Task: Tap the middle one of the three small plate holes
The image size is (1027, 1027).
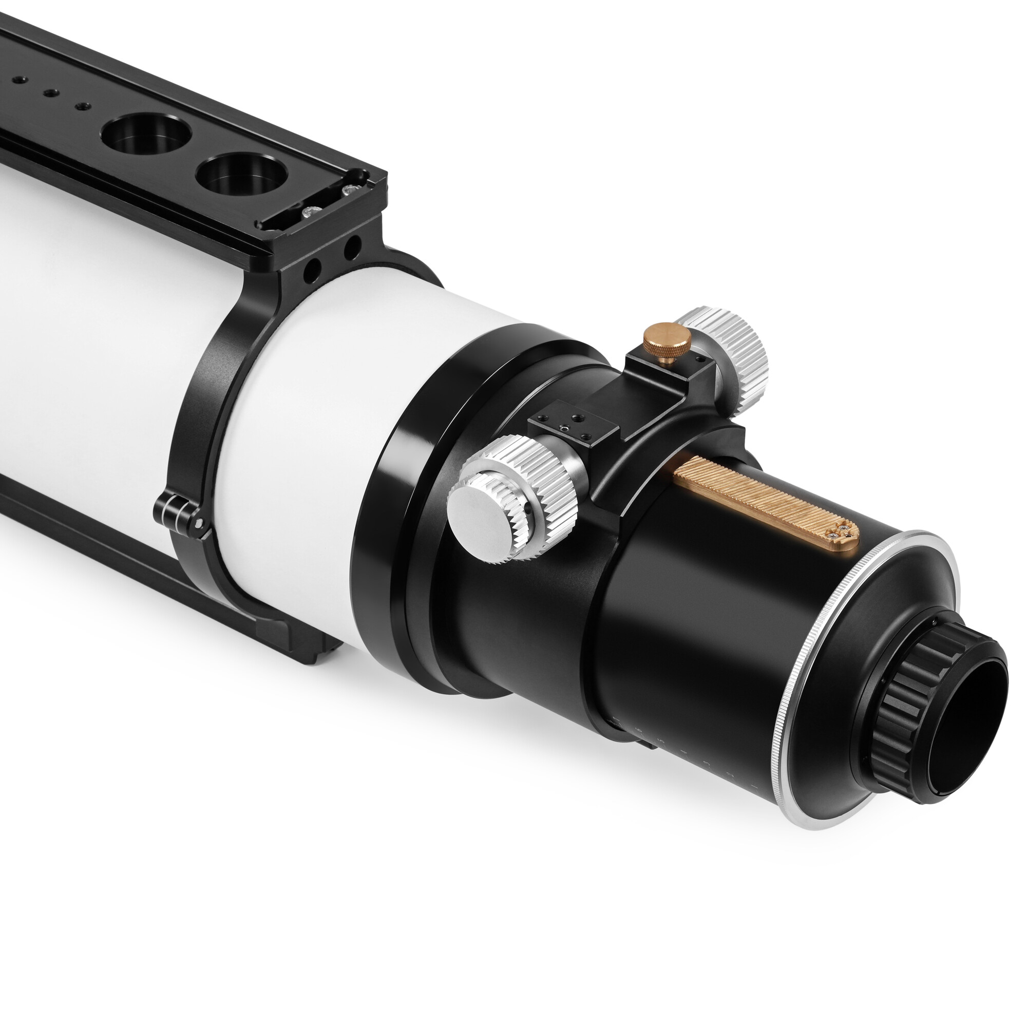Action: [x=50, y=93]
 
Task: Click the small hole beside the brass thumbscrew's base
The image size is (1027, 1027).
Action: [x=700, y=360]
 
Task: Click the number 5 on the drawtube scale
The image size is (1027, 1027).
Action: [x=661, y=740]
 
